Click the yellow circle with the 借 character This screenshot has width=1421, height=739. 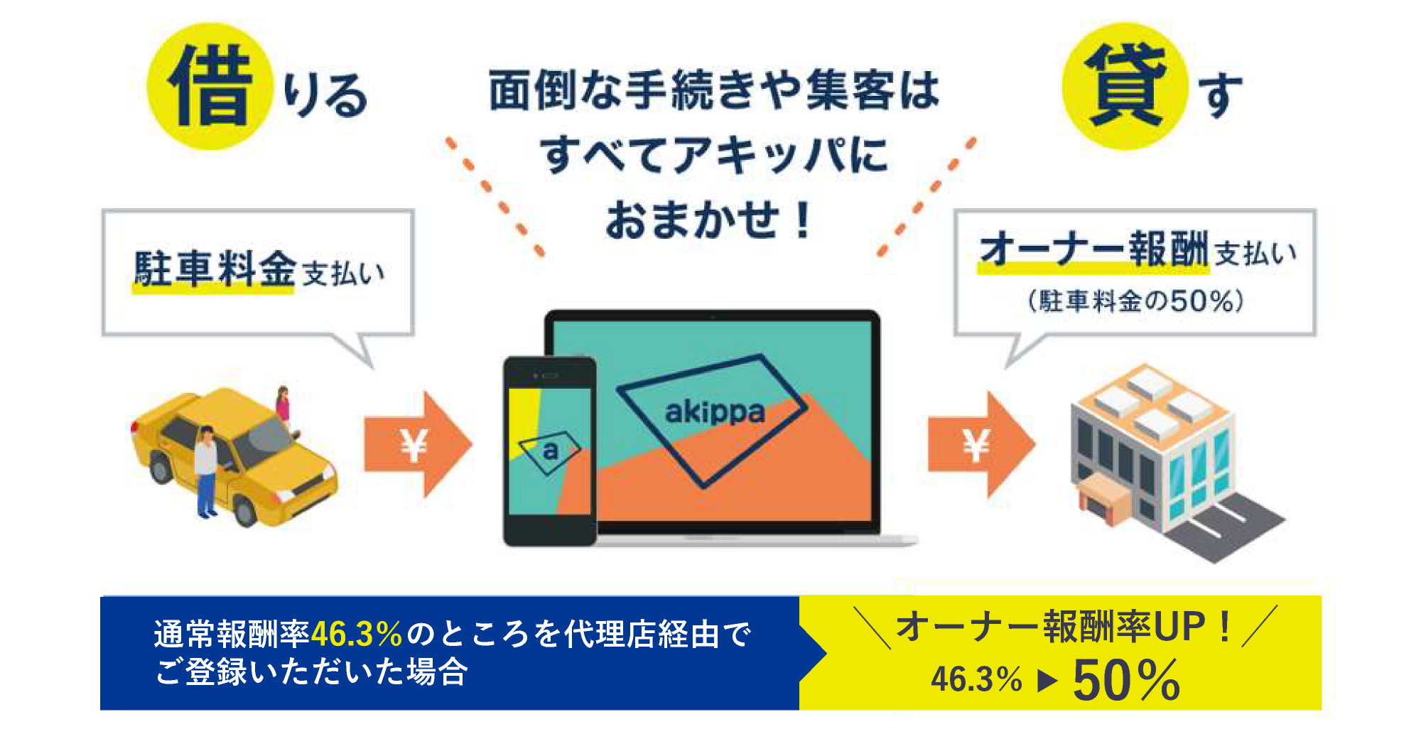(x=210, y=86)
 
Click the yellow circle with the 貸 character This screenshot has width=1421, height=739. (x=1125, y=86)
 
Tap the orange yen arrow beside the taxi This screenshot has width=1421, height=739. (x=418, y=445)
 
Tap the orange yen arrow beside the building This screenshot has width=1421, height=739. (x=981, y=445)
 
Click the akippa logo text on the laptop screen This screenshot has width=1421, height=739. (x=715, y=412)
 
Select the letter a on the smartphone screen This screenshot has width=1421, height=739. (x=550, y=451)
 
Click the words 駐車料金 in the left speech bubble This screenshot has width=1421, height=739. (x=214, y=268)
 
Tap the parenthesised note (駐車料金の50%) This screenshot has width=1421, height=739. (x=1135, y=301)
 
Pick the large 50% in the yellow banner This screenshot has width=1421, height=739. (x=1126, y=680)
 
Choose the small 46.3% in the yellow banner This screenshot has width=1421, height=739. (x=976, y=679)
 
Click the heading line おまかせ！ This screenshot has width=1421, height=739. (x=708, y=220)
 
